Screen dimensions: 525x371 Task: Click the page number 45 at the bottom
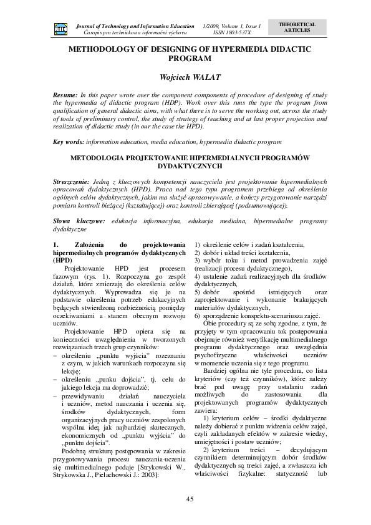click(x=186, y=498)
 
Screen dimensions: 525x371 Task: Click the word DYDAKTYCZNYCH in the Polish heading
click(x=185, y=167)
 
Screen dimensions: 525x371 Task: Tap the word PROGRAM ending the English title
click(x=186, y=57)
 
